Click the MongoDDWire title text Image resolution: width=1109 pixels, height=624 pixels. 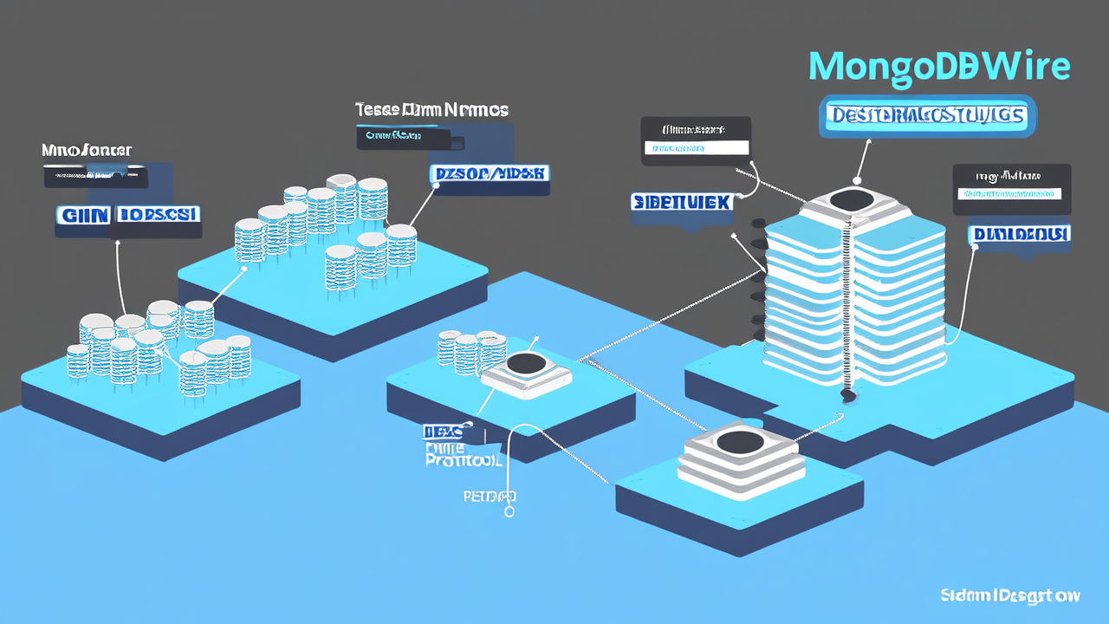tap(939, 67)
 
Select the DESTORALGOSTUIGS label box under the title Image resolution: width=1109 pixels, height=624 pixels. tap(926, 115)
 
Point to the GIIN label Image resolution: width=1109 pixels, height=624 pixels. tap(82, 214)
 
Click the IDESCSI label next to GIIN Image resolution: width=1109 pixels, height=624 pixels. tap(159, 214)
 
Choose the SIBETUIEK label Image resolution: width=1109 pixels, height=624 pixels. tap(683, 202)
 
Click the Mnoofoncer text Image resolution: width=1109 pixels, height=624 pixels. tap(87, 151)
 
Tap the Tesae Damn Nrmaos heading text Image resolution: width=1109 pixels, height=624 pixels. tap(431, 110)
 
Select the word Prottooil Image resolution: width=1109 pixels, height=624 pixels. tap(464, 461)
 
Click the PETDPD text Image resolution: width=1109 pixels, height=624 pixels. tap(490, 497)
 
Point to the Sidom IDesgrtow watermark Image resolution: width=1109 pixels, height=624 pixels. tap(1010, 595)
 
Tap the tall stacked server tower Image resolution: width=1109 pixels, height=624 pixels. tap(853, 295)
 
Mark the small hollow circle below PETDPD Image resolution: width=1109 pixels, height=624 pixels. tap(509, 511)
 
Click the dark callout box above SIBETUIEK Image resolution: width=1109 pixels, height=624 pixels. tap(696, 140)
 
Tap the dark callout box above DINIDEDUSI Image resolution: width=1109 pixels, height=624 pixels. tap(1011, 188)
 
